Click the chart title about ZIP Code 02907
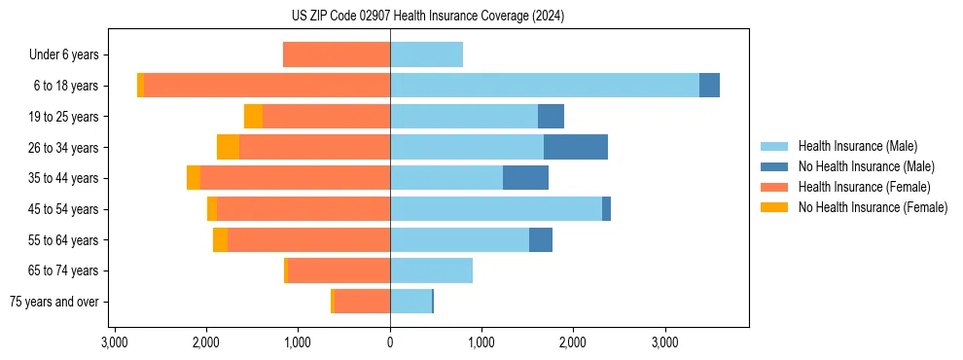point(427,16)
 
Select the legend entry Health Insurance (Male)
point(857,146)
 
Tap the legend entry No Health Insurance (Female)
point(873,207)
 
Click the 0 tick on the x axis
point(390,342)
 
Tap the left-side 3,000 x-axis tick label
point(115,342)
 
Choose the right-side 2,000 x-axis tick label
point(573,342)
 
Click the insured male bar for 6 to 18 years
point(545,86)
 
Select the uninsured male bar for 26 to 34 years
point(576,147)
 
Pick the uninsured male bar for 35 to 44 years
point(525,178)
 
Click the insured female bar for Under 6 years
point(337,54)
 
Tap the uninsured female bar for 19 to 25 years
point(253,117)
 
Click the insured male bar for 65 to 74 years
point(431,270)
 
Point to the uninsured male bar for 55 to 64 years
point(541,239)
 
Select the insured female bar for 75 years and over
point(362,302)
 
